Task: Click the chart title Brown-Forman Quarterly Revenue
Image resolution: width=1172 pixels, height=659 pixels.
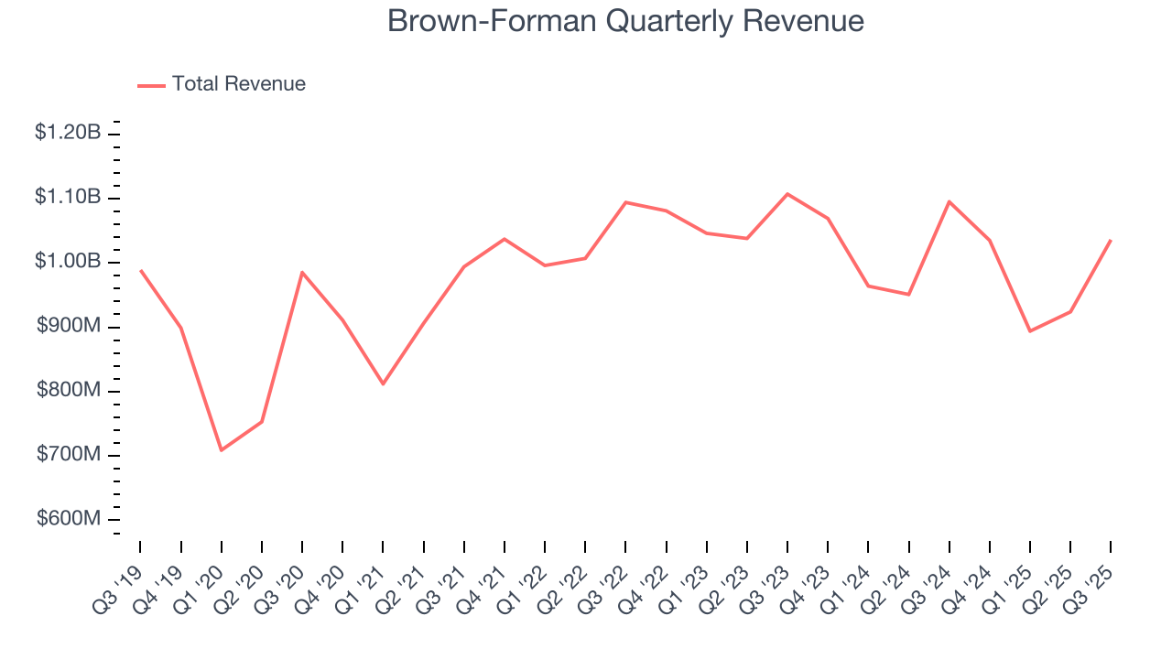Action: [x=625, y=20]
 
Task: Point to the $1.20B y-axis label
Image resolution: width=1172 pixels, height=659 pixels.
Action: [x=68, y=133]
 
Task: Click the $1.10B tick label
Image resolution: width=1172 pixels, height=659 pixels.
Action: [x=68, y=197]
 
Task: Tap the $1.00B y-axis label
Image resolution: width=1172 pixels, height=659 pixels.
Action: [x=68, y=262]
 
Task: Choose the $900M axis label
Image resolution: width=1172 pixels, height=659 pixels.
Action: [x=69, y=327]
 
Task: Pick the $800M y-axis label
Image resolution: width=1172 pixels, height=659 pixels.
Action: [x=69, y=391]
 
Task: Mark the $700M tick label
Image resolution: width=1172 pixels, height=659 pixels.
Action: [x=69, y=455]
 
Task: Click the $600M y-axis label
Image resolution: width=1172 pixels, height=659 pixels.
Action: [x=69, y=519]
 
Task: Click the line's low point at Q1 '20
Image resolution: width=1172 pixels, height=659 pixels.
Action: [x=222, y=450]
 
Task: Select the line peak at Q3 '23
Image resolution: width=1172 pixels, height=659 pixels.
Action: [x=787, y=194]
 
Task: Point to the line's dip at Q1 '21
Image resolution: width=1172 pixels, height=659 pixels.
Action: [x=383, y=384]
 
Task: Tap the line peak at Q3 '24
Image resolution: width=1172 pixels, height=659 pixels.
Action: [x=949, y=201]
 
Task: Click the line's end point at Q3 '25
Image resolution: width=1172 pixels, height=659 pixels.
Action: [x=1111, y=241]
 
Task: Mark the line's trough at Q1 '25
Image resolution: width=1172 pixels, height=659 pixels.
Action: [x=1030, y=331]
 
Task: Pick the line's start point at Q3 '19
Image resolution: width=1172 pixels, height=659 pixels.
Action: [x=141, y=271]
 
